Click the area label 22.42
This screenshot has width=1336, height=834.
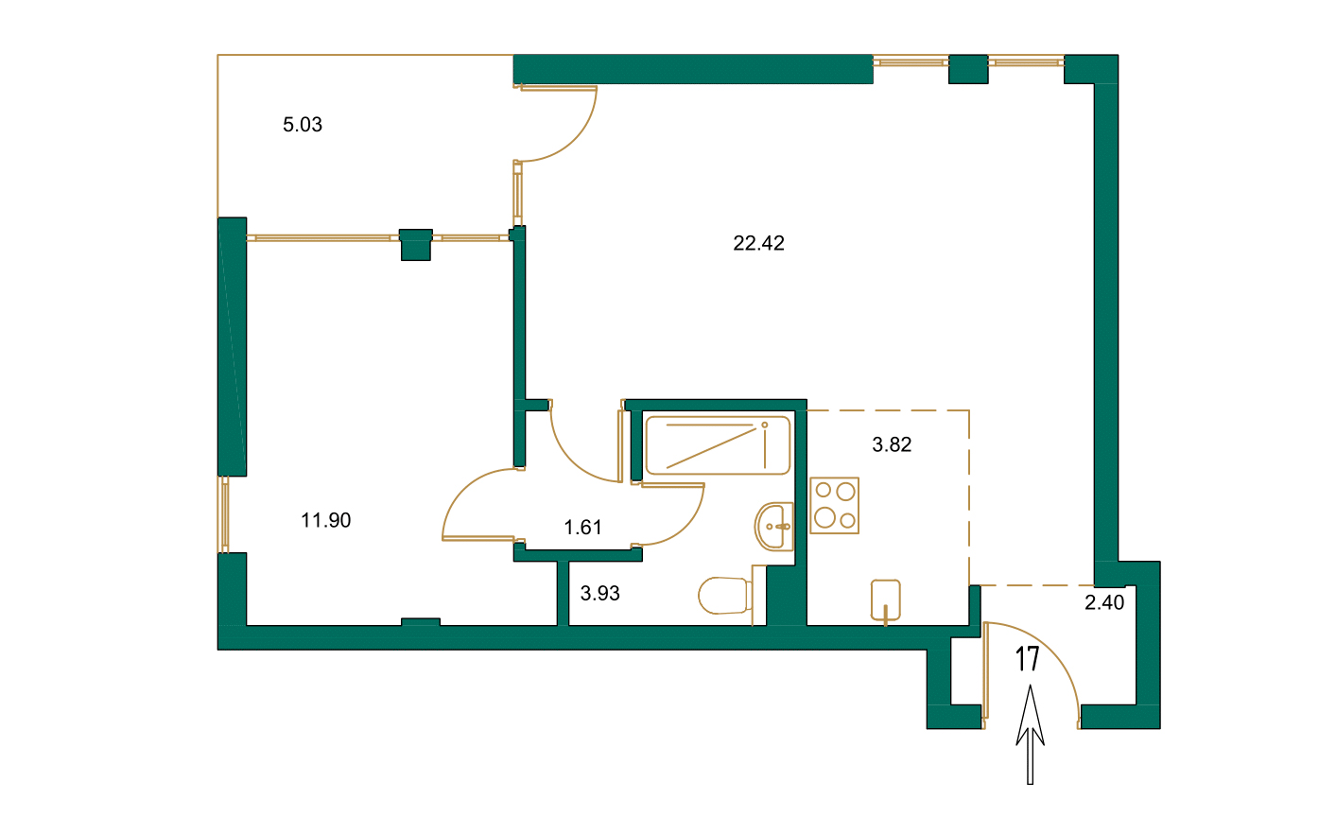coord(758,243)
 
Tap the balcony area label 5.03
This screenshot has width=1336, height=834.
coord(303,125)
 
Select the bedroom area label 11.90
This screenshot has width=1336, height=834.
coord(326,520)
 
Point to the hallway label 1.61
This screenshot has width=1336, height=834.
coord(582,528)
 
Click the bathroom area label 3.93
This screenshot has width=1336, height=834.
coord(599,594)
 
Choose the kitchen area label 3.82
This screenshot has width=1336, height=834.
coord(891,444)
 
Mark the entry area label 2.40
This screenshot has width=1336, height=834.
coord(1103,602)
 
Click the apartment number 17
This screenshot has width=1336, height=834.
coord(1028,659)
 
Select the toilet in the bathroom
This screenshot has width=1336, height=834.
coord(723,596)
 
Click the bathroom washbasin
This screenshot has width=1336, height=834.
coord(774,526)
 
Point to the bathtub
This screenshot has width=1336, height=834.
coord(717,445)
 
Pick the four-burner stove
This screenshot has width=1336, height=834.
coord(834,505)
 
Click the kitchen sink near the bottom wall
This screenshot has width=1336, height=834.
coord(885,599)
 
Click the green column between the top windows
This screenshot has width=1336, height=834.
coord(967,69)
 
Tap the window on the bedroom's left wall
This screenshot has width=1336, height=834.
coord(224,514)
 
